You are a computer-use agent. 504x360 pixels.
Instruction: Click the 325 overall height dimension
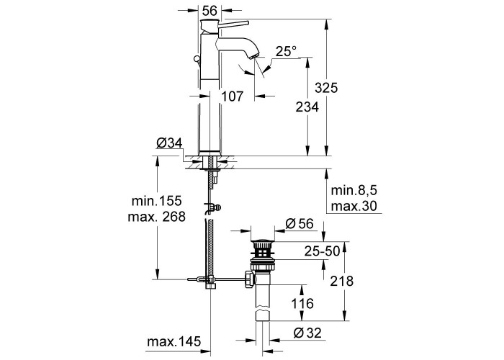point(326,87)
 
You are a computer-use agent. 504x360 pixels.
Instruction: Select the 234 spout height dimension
point(307,107)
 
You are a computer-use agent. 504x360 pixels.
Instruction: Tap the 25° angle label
point(286,51)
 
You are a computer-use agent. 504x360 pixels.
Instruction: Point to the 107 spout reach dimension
point(233,96)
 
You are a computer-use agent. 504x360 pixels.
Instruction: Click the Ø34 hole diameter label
point(169,143)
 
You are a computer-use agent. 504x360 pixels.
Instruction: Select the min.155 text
point(156,201)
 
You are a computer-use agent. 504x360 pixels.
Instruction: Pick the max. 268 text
point(156,217)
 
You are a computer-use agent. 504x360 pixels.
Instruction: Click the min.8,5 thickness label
point(354,191)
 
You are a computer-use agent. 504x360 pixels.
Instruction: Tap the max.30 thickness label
point(354,206)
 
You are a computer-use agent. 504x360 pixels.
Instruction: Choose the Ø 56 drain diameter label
point(300,224)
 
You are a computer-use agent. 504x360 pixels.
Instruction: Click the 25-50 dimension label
point(322,251)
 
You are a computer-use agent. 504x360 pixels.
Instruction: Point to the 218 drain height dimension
point(342,281)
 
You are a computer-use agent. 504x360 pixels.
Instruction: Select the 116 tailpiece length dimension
point(302,303)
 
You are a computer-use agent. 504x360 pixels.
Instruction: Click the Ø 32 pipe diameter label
point(307,333)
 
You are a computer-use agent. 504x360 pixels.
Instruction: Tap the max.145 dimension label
point(174,341)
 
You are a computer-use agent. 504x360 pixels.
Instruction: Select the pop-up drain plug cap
point(263,240)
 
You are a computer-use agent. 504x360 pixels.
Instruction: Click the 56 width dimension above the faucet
point(210,11)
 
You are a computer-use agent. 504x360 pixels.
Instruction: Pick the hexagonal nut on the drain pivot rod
point(249,279)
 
